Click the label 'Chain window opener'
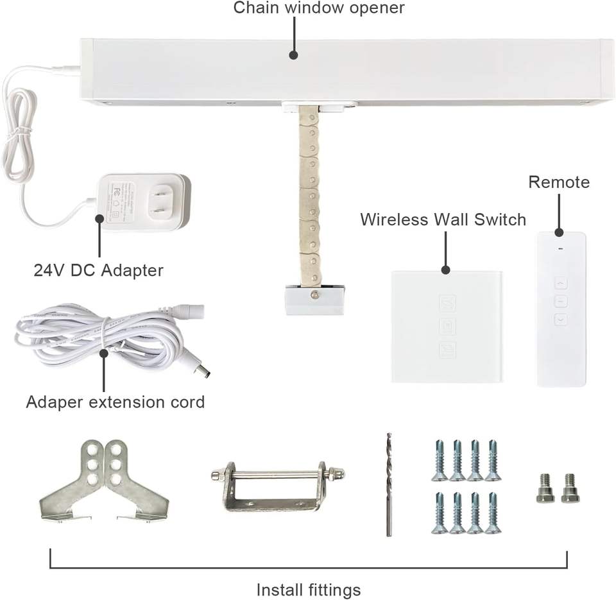[319, 8]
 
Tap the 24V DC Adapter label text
[98, 270]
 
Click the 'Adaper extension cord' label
[116, 402]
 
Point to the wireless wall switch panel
[447, 327]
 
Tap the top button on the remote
[561, 282]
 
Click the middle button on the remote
[561, 300]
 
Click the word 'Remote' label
[559, 182]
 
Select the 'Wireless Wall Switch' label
[443, 219]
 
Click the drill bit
[389, 484]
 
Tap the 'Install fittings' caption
[309, 589]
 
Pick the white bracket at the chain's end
[314, 300]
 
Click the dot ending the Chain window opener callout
[293, 55]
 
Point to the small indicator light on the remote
[561, 249]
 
